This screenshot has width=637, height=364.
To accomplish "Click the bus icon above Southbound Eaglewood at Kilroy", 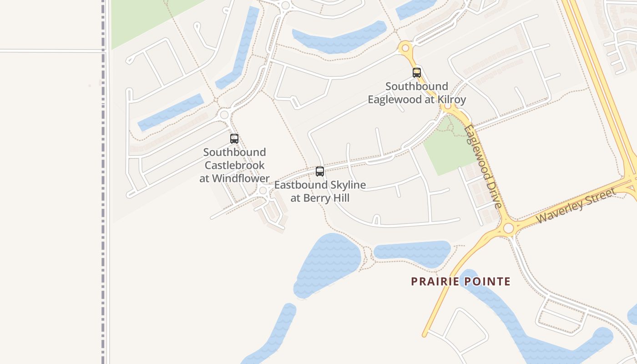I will pyautogui.click(x=416, y=72).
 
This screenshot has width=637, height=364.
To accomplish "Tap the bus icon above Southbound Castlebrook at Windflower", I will pyautogui.click(x=234, y=139).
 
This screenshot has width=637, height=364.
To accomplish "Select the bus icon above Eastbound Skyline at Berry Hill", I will pyautogui.click(x=320, y=172).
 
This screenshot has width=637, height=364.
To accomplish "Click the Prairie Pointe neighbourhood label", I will pyautogui.click(x=460, y=282).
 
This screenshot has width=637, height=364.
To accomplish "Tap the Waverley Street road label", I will pyautogui.click(x=576, y=205).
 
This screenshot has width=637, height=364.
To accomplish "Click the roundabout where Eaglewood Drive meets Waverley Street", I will pyautogui.click(x=508, y=228).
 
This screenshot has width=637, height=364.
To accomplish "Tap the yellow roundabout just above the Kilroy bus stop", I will pyautogui.click(x=404, y=47).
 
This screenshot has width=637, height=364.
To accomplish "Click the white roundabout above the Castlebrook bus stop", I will pyautogui.click(x=223, y=114).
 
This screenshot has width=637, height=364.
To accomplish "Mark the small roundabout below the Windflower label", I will pyautogui.click(x=263, y=191).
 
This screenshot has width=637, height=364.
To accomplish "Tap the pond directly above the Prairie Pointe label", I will pyautogui.click(x=412, y=252).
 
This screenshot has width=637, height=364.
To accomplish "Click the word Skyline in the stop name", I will pyautogui.click(x=348, y=185).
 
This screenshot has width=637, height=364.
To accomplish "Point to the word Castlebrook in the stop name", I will pyautogui.click(x=234, y=165).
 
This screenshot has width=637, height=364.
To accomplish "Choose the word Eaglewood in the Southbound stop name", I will pyautogui.click(x=395, y=100).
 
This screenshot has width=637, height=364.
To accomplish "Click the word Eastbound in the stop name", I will pyautogui.click(x=301, y=185).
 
